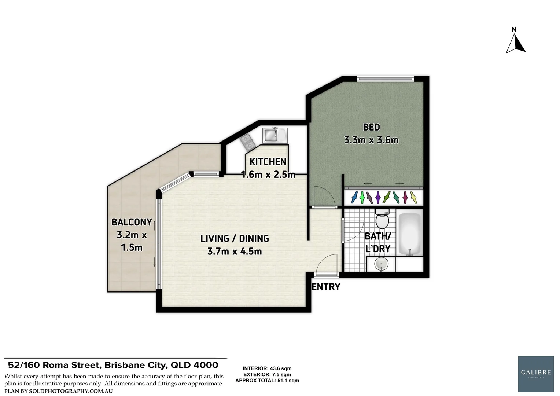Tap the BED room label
click(371, 127)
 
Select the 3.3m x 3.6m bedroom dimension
click(371, 140)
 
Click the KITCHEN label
click(268, 162)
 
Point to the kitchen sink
click(275, 135)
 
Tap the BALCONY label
click(132, 222)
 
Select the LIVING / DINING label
click(235, 239)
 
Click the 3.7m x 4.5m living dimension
click(235, 252)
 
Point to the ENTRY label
click(326, 287)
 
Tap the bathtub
click(409, 234)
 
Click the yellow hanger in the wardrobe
click(414, 198)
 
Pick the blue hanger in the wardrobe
click(354, 198)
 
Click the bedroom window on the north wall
click(385, 78)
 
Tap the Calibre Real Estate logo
click(536, 374)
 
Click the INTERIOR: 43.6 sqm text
click(267, 368)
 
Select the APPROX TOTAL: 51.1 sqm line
click(267, 381)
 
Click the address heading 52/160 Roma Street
click(113, 365)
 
